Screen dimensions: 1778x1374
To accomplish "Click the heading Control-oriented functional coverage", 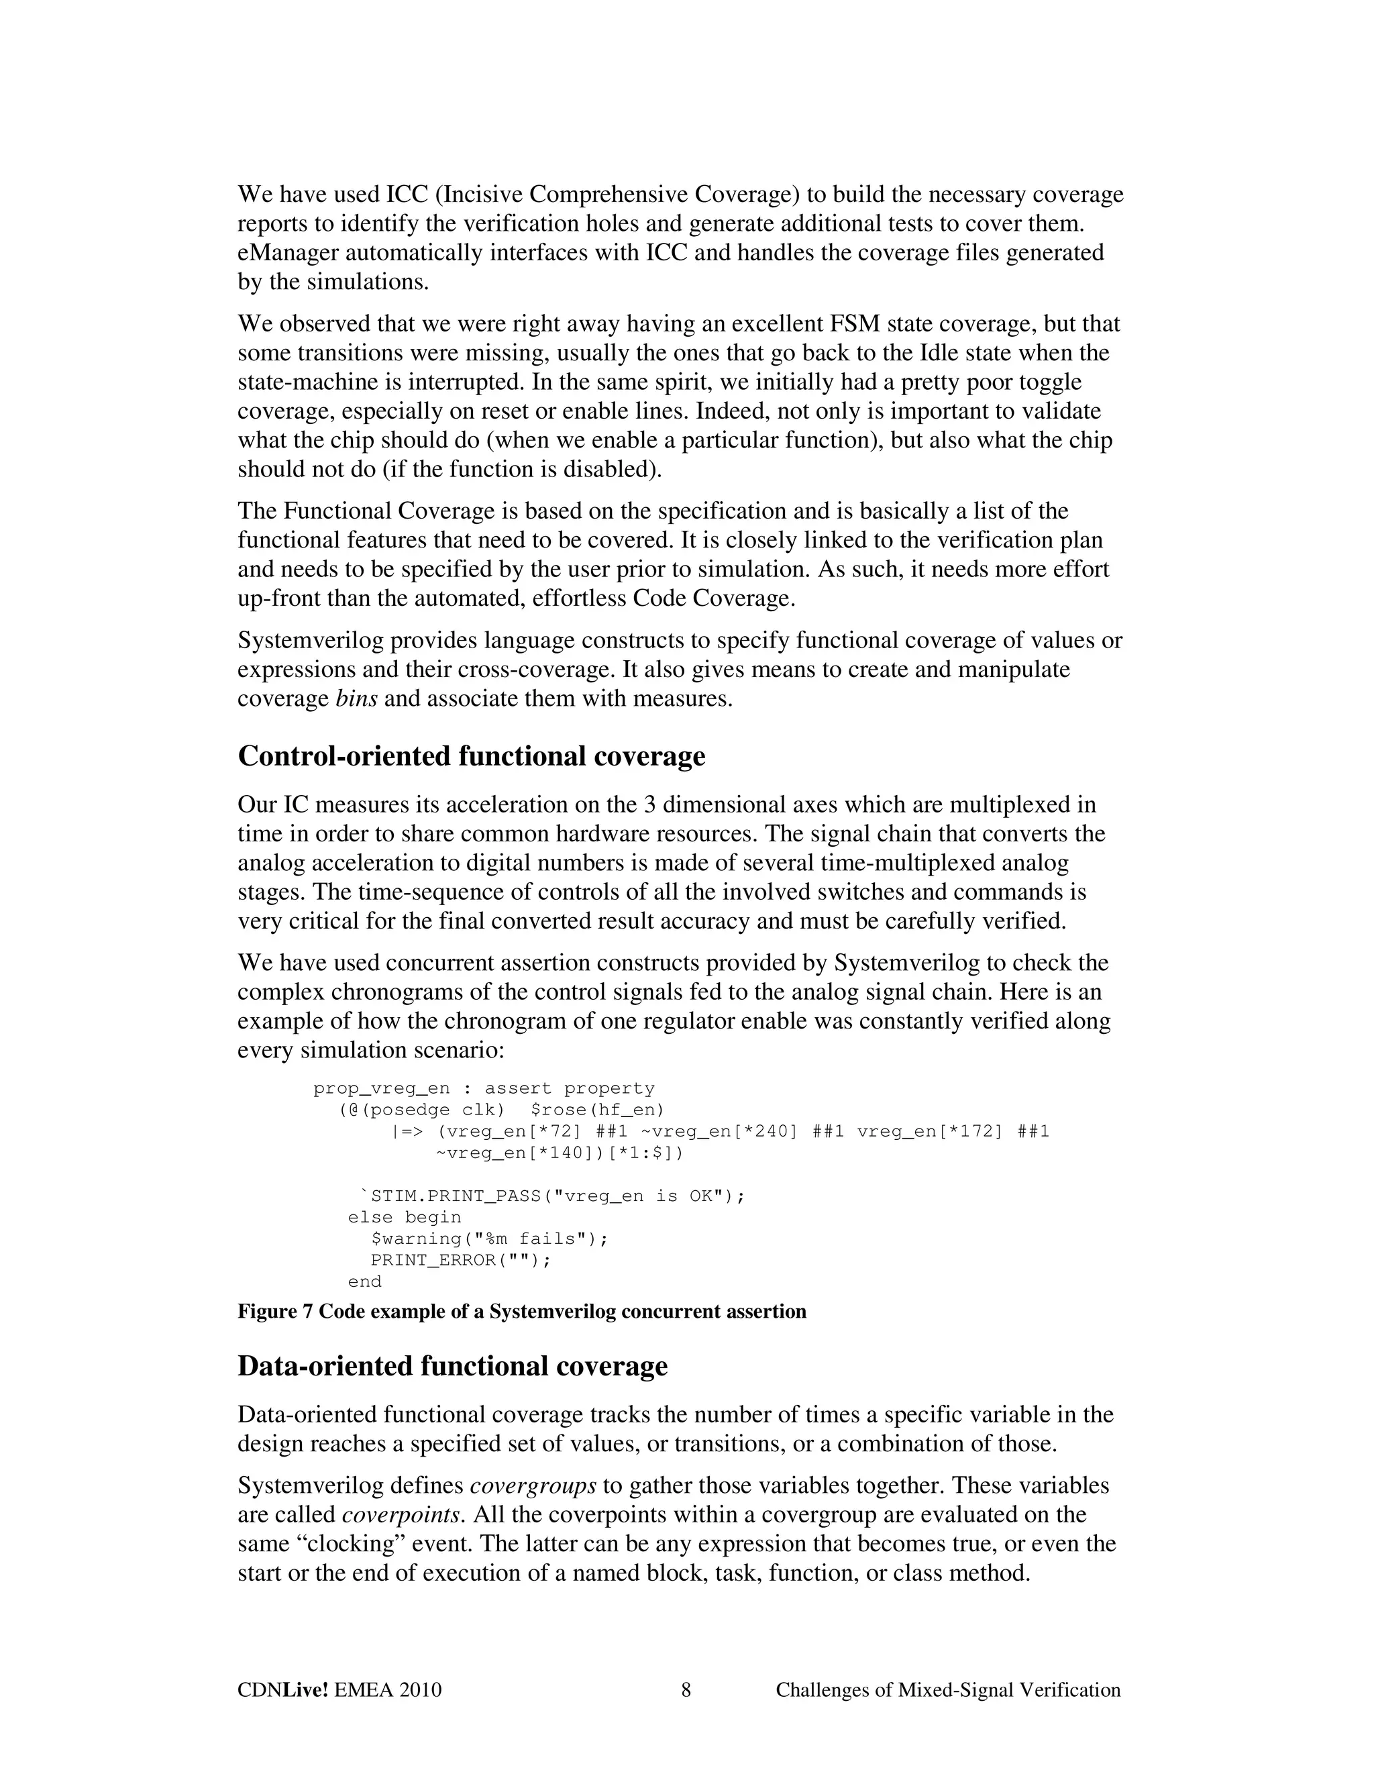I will pyautogui.click(x=470, y=756).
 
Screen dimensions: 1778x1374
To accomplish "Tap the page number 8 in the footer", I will pyautogui.click(x=686, y=1690).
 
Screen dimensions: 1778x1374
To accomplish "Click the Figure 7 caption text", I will pyautogui.click(x=521, y=1312).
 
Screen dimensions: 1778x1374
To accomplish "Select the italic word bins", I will pyautogui.click(x=356, y=699).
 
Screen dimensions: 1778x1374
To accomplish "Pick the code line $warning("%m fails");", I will pyautogui.click(x=489, y=1239).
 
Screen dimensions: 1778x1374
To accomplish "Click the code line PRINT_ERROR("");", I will pyautogui.click(x=461, y=1260).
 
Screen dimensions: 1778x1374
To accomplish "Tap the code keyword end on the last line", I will pyautogui.click(x=365, y=1282).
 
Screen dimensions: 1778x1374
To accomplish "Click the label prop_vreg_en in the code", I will pyautogui.click(x=381, y=1088).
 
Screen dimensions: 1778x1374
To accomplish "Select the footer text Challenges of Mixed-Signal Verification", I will pyautogui.click(x=947, y=1690).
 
